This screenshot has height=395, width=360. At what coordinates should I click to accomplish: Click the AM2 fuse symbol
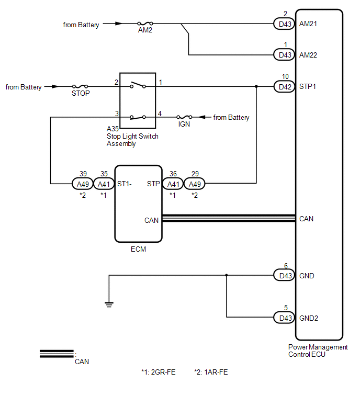[x=145, y=23]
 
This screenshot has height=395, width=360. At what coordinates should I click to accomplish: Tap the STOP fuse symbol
[x=80, y=86]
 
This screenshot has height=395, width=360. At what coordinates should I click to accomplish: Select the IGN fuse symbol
[x=184, y=117]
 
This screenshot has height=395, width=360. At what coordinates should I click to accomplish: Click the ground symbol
[x=109, y=304]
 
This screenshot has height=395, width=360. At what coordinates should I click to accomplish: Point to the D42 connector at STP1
[x=285, y=87]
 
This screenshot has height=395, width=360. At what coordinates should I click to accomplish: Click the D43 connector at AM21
[x=285, y=24]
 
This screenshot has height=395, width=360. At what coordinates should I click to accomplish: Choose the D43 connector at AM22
[x=285, y=54]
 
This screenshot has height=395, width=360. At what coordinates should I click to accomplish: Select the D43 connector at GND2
[x=285, y=318]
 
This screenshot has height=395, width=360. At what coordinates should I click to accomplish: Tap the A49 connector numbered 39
[x=83, y=184]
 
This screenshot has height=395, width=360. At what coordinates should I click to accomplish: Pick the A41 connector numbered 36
[x=173, y=184]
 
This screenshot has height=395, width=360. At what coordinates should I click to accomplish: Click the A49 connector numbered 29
[x=195, y=184]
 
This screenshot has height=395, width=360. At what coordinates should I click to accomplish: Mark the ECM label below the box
[x=138, y=249]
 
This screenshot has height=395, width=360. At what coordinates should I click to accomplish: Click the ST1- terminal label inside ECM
[x=125, y=184]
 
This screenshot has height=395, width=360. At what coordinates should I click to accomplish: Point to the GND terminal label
[x=307, y=276]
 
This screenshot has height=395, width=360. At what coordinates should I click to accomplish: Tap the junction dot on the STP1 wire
[x=256, y=86]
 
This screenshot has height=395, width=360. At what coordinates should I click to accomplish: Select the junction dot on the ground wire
[x=226, y=275]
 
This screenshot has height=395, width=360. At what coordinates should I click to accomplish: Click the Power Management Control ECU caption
[x=318, y=351]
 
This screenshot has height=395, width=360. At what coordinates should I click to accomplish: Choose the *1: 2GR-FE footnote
[x=158, y=372]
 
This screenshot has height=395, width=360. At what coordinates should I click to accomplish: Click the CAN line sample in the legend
[x=57, y=354]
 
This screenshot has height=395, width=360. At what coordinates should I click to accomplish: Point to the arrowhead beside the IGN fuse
[x=201, y=117]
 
